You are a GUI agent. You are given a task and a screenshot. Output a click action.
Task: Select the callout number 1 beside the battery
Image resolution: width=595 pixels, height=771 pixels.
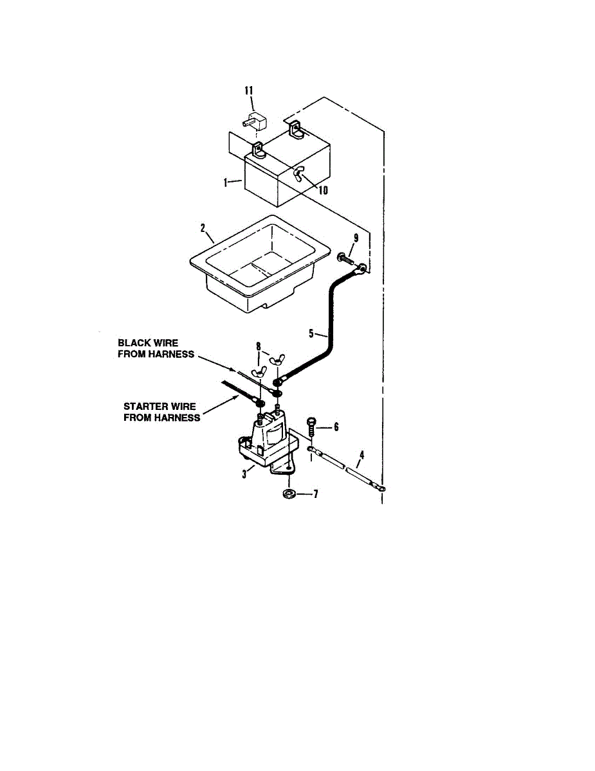[x=226, y=182]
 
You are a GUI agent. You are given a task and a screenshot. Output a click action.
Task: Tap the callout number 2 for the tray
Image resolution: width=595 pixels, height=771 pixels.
[x=203, y=228]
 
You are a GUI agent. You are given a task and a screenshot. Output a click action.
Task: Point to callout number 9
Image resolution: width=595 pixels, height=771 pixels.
[x=356, y=237]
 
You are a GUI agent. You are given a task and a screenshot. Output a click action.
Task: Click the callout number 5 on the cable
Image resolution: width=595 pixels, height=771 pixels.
[x=311, y=333]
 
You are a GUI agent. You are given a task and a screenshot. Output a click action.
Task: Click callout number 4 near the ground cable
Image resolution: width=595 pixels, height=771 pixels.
[x=362, y=455]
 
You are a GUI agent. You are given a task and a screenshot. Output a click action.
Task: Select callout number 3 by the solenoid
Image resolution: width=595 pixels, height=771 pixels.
[x=244, y=474]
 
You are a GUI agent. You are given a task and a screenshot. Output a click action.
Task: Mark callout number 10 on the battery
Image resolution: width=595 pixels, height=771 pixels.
[x=323, y=190]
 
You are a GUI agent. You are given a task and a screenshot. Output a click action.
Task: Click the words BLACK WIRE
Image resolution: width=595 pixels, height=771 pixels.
[x=148, y=343]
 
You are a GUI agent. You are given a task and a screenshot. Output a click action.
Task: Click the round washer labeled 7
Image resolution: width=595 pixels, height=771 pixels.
[x=289, y=493]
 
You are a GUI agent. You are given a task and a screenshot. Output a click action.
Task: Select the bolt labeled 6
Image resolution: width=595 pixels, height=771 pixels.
[x=313, y=427]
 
